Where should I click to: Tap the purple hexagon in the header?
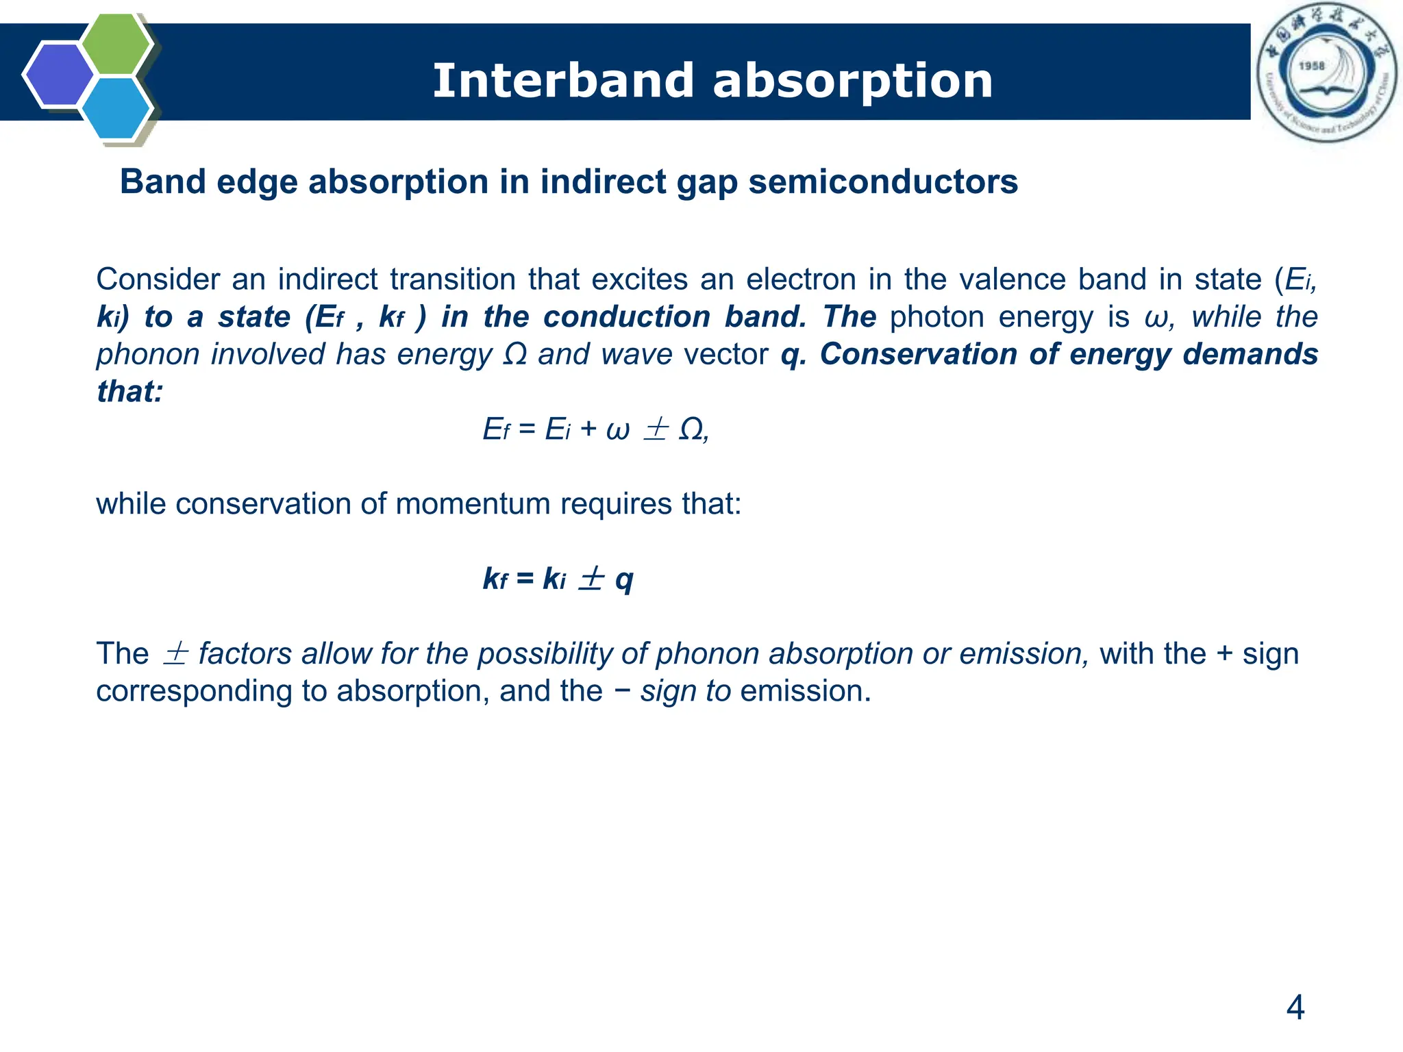point(59,75)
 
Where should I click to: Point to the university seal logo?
point(1326,72)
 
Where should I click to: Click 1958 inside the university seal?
point(1311,66)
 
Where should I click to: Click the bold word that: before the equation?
point(129,392)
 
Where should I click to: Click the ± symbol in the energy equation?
point(655,429)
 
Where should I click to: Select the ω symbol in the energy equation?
point(617,430)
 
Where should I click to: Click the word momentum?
point(473,504)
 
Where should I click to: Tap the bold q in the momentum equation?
point(623,579)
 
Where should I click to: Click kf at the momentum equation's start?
point(495,579)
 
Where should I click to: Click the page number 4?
point(1295,1007)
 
